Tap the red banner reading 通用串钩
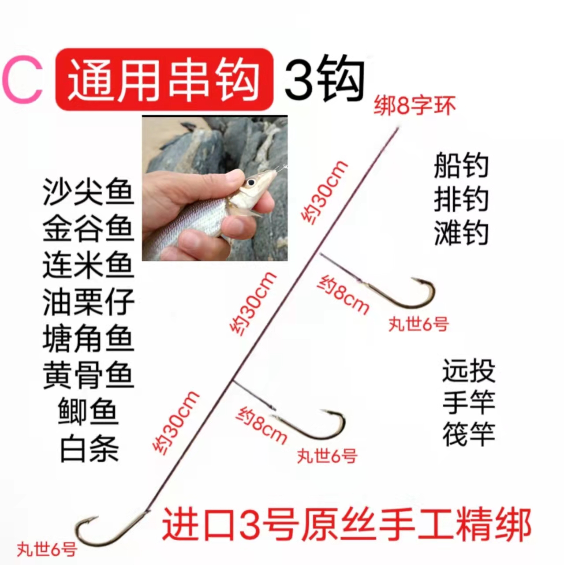click(x=164, y=79)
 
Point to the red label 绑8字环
click(x=415, y=106)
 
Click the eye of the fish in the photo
click(x=251, y=182)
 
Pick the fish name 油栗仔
click(x=88, y=303)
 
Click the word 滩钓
click(x=461, y=233)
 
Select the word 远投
click(x=469, y=371)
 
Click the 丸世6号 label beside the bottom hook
click(x=47, y=550)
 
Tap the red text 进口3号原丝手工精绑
click(x=347, y=525)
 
